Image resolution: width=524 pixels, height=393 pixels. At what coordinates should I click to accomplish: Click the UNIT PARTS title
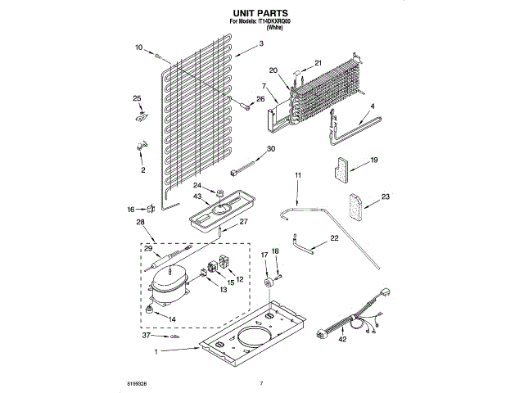(x=261, y=14)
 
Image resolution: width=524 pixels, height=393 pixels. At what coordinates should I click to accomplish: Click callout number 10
(x=138, y=47)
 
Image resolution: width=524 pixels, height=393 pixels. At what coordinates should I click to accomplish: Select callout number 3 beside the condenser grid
(x=260, y=43)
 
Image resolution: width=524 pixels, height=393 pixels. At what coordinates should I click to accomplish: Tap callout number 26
(x=261, y=100)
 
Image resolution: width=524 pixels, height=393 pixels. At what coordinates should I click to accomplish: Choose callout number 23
(x=386, y=196)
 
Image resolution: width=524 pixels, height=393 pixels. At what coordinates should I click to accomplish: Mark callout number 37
(x=147, y=336)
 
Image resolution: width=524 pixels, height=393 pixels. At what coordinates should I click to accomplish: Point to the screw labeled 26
(x=244, y=104)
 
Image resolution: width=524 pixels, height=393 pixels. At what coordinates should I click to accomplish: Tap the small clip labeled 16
(x=150, y=210)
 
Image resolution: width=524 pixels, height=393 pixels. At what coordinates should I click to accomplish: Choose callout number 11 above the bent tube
(x=298, y=175)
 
